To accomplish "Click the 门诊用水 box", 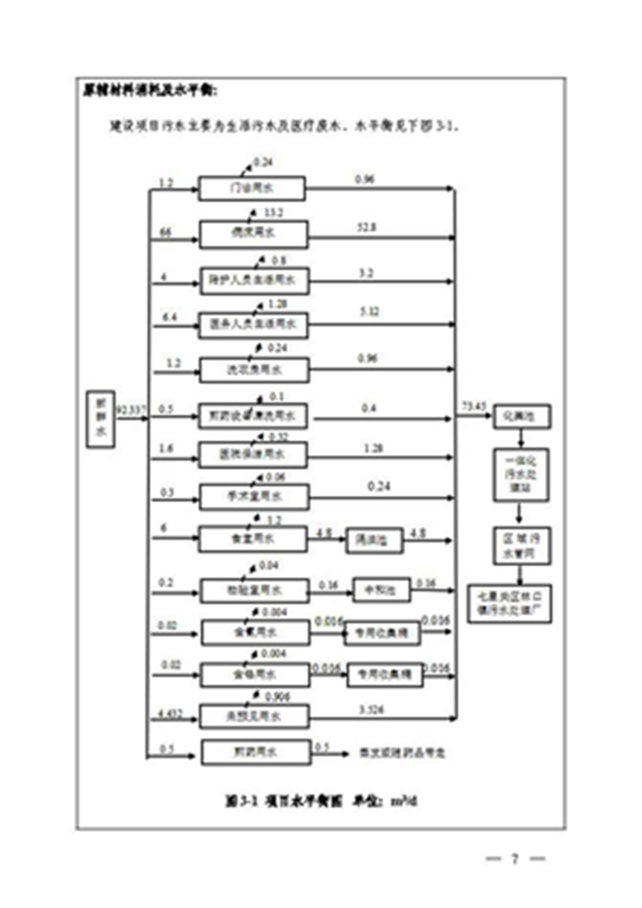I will click(x=252, y=188).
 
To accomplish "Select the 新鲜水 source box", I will click(x=102, y=419).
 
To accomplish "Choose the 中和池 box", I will click(x=374, y=590).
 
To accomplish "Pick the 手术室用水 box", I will click(x=253, y=497).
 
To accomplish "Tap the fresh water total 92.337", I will click(x=130, y=407).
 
